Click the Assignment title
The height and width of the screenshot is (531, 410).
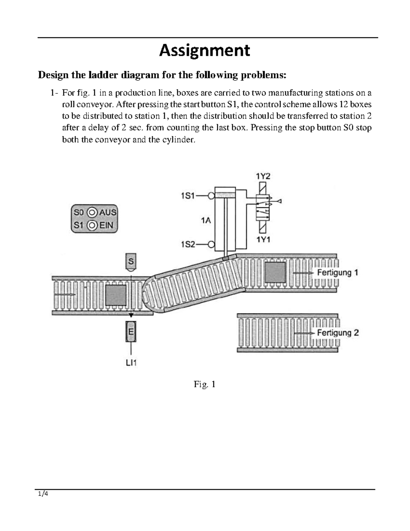[205, 51]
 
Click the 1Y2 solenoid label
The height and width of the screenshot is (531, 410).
[263, 176]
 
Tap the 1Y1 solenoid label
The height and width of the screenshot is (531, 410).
[263, 240]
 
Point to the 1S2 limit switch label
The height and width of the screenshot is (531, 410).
[188, 244]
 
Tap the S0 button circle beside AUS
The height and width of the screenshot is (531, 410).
[92, 212]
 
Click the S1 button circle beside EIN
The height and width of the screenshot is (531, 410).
[92, 225]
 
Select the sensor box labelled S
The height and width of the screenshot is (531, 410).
[131, 261]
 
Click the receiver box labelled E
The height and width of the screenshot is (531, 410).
[131, 331]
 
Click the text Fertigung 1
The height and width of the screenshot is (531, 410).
[338, 273]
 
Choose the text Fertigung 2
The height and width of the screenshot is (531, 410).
[338, 333]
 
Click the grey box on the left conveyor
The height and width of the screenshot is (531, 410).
[116, 295]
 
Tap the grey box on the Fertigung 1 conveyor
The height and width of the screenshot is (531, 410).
[275, 273]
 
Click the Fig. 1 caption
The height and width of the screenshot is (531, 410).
[204, 384]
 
